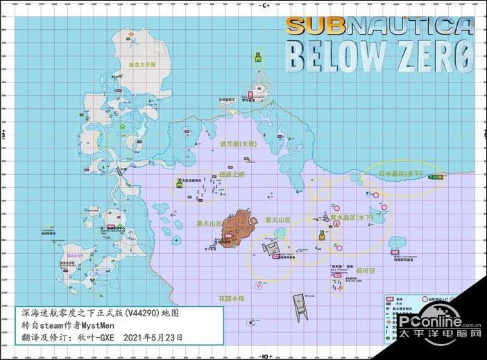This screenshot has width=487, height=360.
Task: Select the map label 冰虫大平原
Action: click(x=143, y=65)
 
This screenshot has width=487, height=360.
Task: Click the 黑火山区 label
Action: click(x=209, y=224)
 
